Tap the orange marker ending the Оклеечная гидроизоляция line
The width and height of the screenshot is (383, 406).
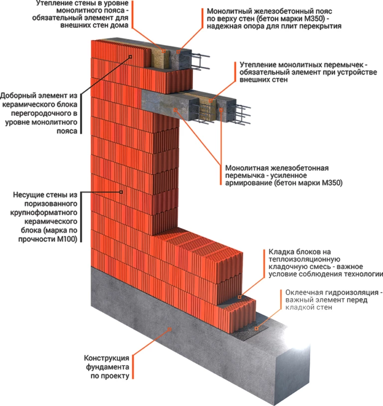(257, 328)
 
